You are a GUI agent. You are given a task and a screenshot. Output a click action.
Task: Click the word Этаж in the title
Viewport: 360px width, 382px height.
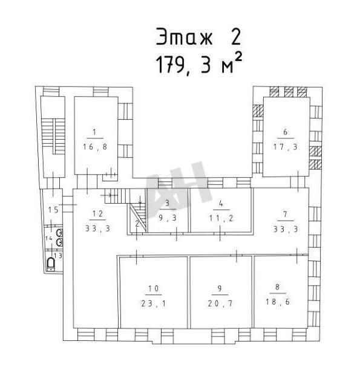point(184,37)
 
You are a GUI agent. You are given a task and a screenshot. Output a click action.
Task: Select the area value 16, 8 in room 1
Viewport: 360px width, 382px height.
point(95,147)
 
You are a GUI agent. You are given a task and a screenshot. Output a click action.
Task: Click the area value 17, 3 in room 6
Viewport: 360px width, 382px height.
point(285,147)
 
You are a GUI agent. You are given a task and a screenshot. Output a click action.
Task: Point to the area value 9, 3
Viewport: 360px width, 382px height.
point(168,218)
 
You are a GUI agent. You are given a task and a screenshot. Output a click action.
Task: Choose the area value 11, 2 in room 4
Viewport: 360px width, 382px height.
point(221,218)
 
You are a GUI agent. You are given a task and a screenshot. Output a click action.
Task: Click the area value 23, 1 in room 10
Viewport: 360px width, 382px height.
point(154,303)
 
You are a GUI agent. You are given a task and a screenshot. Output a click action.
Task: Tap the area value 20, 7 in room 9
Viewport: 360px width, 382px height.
point(220,303)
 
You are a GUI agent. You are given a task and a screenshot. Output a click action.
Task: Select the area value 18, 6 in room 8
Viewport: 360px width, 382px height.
point(277,302)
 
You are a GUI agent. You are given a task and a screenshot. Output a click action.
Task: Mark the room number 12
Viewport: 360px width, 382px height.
point(98,213)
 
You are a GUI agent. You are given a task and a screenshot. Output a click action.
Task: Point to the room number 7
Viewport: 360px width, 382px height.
point(285,214)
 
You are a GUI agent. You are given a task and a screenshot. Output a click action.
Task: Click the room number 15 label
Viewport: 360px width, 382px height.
point(53,210)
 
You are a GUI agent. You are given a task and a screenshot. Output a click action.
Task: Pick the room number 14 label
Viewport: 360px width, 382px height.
point(49,238)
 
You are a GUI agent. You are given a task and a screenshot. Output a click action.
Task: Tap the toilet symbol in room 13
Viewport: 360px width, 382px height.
point(51,264)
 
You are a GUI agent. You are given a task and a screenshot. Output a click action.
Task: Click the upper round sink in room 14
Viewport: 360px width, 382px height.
point(59,233)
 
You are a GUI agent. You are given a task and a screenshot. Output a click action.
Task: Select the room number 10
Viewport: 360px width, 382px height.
point(154,289)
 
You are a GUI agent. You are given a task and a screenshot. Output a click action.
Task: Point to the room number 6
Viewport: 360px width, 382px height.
point(285,132)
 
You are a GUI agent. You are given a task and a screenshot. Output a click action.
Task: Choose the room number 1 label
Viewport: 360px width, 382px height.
point(94,132)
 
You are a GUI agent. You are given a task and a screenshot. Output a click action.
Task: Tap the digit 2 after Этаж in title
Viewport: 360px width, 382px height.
point(235,37)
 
